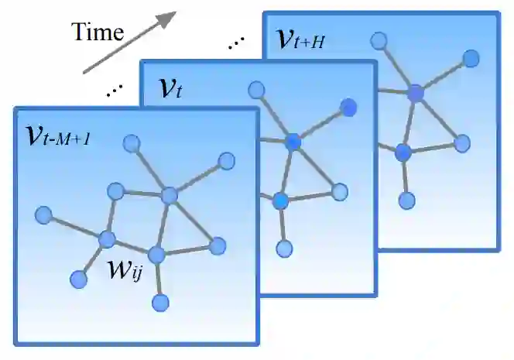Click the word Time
(x=98, y=32)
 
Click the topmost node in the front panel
(x=132, y=142)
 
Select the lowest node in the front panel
(x=160, y=302)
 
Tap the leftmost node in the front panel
(x=44, y=213)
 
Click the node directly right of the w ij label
(x=157, y=254)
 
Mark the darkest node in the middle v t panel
(x=349, y=107)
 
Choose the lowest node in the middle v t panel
(x=285, y=249)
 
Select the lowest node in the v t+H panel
(x=407, y=201)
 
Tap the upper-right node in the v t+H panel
(x=471, y=58)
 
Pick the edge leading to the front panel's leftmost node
(x=75, y=225)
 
